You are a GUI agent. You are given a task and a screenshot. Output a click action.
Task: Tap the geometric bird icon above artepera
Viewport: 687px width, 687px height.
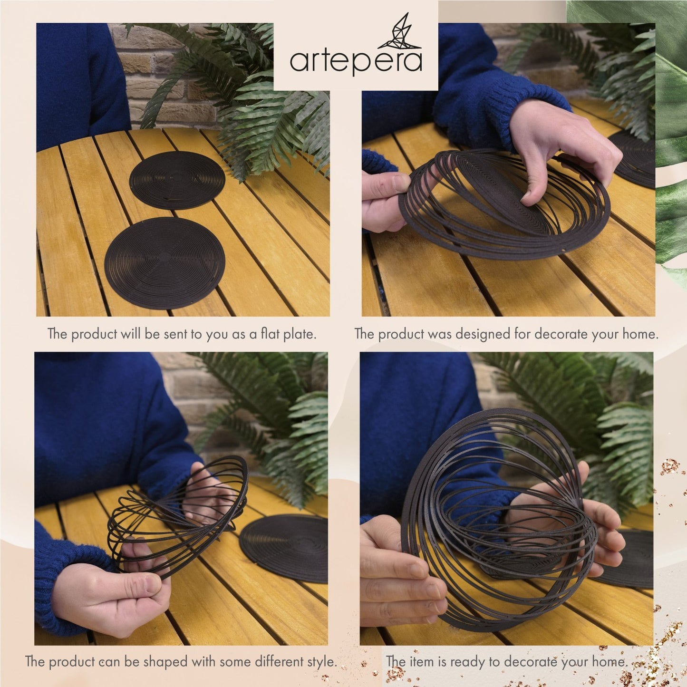coord(404,32)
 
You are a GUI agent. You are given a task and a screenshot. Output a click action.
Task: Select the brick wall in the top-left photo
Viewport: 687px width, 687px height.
coord(143,71)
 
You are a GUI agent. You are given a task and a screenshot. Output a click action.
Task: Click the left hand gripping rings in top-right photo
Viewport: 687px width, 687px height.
coord(383,200)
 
